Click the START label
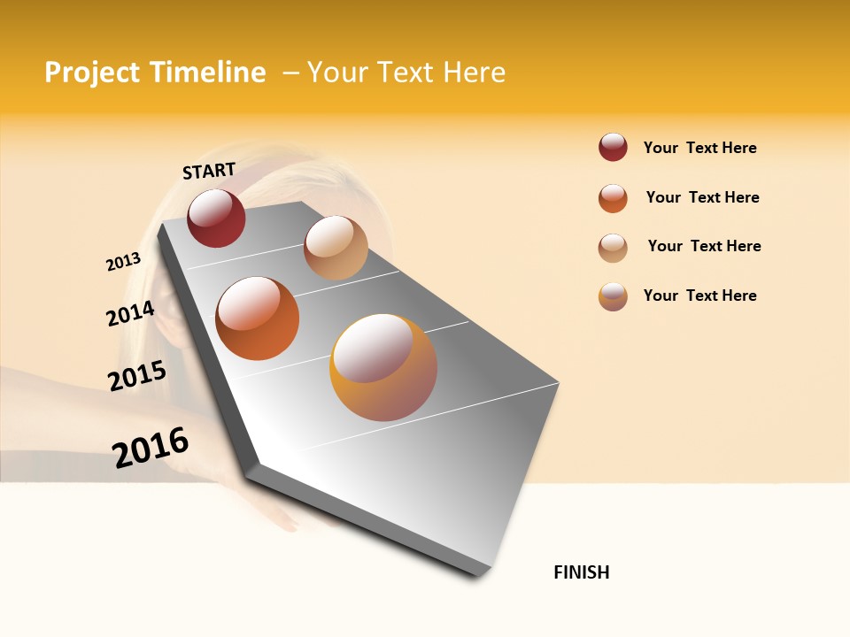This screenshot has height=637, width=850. pyautogui.click(x=209, y=171)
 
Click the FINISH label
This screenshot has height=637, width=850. pyautogui.click(x=582, y=572)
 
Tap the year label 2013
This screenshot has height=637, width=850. pyautogui.click(x=123, y=262)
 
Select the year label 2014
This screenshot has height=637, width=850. pyautogui.click(x=131, y=313)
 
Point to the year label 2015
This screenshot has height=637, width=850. pyautogui.click(x=137, y=376)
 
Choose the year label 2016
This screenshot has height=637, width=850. pyautogui.click(x=151, y=447)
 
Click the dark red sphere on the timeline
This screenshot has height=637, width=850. pyautogui.click(x=216, y=218)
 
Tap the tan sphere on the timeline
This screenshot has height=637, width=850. pyautogui.click(x=336, y=248)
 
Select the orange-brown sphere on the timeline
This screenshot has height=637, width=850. pyautogui.click(x=258, y=318)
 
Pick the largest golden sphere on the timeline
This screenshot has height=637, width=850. pyautogui.click(x=383, y=367)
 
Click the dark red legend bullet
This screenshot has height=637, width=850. pyautogui.click(x=613, y=148)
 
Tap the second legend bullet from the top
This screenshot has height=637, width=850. pyautogui.click(x=613, y=197)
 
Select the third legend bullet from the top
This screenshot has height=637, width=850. pyautogui.click(x=613, y=247)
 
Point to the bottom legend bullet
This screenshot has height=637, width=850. pyautogui.click(x=613, y=296)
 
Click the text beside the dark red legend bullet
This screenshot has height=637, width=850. pyautogui.click(x=699, y=148)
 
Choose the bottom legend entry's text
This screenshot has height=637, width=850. pyautogui.click(x=699, y=295)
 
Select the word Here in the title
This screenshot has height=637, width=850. pyautogui.click(x=474, y=73)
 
